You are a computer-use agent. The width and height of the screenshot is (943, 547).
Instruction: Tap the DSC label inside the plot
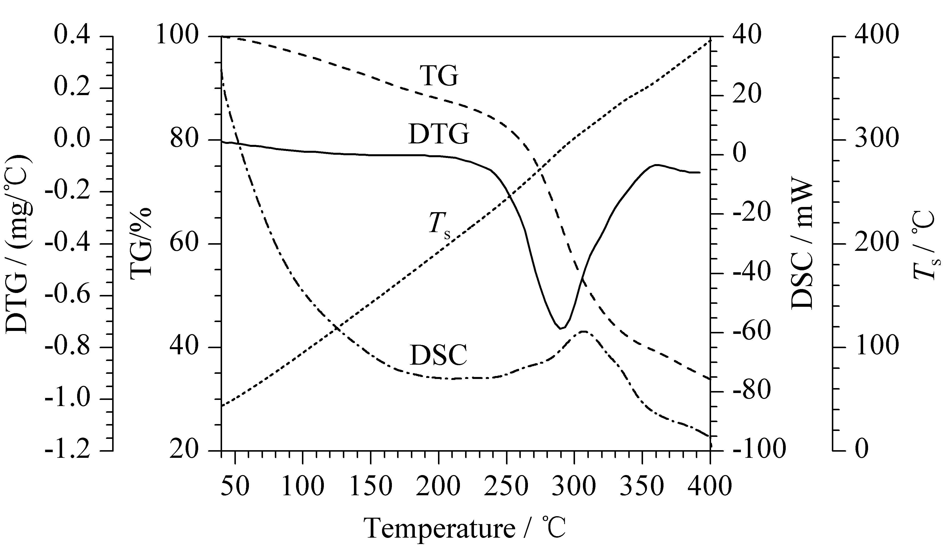coord(438,355)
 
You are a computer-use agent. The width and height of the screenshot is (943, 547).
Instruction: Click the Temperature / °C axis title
coord(466,528)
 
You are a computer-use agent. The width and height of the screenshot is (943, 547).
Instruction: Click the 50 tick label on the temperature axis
coord(235,487)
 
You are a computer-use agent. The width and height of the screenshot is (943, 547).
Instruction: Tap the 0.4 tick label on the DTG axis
coord(72,36)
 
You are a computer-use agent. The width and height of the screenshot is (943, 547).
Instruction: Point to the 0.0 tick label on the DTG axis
coord(72,140)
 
